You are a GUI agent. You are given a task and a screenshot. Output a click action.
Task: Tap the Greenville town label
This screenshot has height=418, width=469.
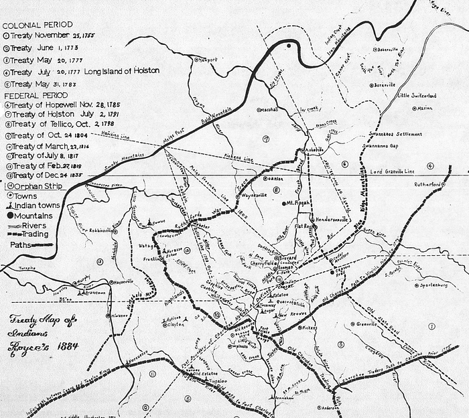[368, 324]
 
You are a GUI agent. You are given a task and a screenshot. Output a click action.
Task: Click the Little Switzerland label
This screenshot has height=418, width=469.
[417, 96]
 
